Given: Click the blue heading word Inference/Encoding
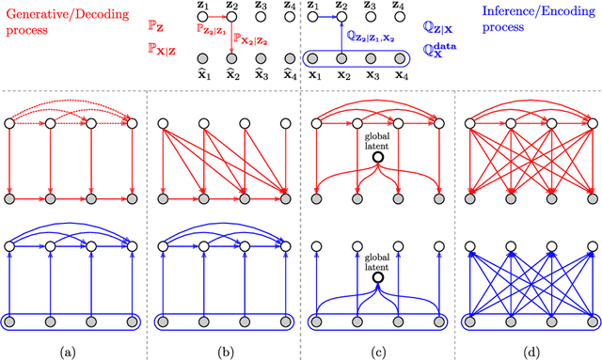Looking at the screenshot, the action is pos(532,13).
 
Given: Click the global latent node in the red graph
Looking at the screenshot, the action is pos(378,159).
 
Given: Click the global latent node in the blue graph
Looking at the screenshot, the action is pos(378,279).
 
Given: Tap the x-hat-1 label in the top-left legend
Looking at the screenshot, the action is pos(200,72).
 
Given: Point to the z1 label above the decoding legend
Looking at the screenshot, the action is pos(200,6).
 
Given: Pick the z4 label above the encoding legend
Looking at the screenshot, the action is pos(402,6).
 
